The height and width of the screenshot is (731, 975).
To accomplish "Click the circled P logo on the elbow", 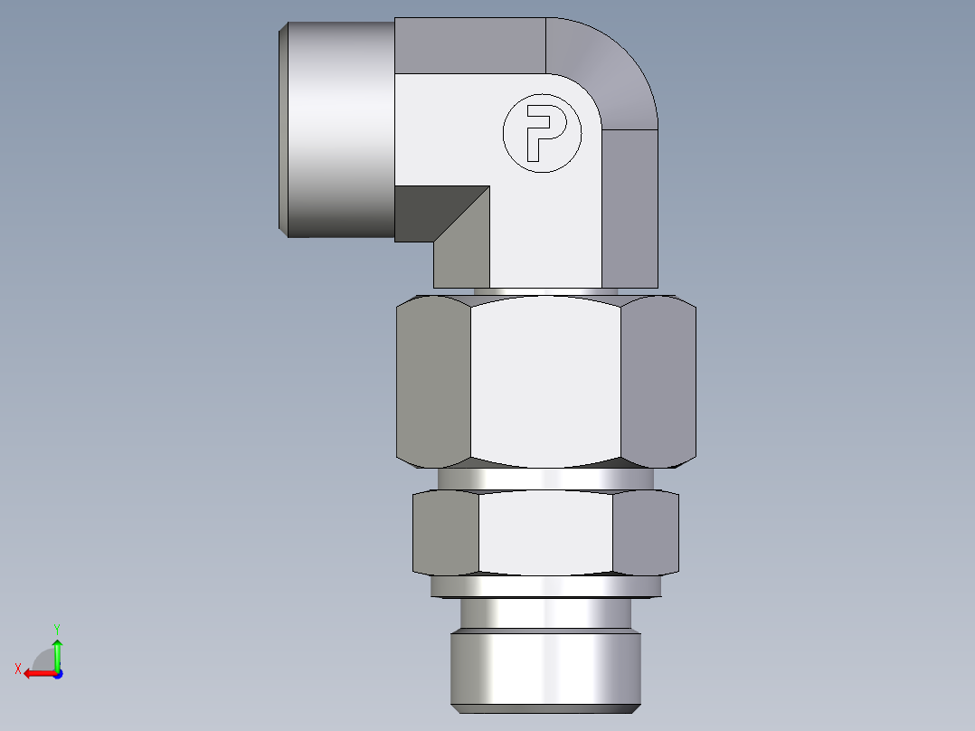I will (x=542, y=133).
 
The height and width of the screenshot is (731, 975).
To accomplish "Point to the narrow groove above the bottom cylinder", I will (x=545, y=615).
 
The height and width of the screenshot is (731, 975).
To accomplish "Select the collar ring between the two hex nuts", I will (x=545, y=479).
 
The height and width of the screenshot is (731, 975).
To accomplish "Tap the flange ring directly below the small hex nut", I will (x=545, y=587).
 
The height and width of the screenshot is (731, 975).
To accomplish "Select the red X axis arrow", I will (x=36, y=673).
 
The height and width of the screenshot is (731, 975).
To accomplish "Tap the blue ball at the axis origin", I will (x=57, y=673).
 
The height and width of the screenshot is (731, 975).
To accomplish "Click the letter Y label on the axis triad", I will (x=57, y=627).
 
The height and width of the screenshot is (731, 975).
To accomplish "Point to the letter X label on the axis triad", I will (x=17, y=669).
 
